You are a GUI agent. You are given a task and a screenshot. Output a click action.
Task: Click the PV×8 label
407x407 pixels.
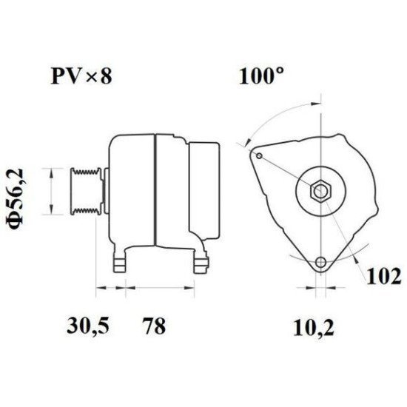(81, 76)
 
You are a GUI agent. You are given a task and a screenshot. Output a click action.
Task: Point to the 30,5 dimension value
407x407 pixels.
(83, 326)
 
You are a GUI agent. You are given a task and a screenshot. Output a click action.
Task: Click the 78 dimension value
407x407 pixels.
(152, 326)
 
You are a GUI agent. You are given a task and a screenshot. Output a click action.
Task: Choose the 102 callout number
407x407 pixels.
(384, 277)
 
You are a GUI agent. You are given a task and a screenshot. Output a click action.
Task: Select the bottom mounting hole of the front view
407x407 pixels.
(320, 262)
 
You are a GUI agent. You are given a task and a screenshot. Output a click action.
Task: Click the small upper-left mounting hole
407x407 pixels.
(258, 155)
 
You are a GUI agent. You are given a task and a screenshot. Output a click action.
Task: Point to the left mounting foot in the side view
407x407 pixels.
(118, 261)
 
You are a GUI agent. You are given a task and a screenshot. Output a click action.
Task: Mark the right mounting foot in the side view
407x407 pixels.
(201, 261)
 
